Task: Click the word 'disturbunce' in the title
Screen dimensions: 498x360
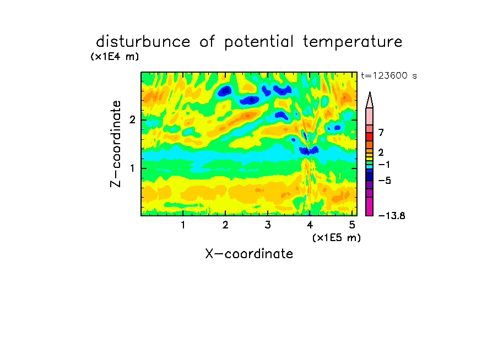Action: tap(143, 42)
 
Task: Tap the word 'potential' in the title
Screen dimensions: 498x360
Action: tap(259, 42)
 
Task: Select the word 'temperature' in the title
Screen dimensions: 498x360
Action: tap(353, 42)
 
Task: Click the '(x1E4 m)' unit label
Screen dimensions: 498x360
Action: tap(115, 57)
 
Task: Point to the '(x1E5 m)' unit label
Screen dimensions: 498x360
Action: tap(337, 237)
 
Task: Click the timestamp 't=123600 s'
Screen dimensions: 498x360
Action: tap(389, 76)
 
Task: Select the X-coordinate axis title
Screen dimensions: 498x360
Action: tap(249, 254)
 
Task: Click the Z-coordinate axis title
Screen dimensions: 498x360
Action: tap(116, 144)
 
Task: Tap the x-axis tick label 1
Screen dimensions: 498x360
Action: tap(183, 225)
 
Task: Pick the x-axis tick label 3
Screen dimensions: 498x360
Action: tap(268, 225)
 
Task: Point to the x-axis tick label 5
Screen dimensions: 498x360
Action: tap(352, 225)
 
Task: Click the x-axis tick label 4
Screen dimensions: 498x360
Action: tap(310, 225)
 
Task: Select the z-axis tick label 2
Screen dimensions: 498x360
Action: tap(132, 120)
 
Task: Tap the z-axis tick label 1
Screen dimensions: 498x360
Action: tap(132, 168)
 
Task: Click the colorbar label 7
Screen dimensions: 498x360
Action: tap(381, 133)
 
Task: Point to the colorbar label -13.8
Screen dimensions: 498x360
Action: tap(392, 216)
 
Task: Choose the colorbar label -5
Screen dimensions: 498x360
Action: tap(385, 181)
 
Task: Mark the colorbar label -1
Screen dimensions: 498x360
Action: tap(384, 165)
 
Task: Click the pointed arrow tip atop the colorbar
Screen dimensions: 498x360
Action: tap(370, 92)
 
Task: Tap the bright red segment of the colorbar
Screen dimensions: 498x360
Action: tap(370, 137)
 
